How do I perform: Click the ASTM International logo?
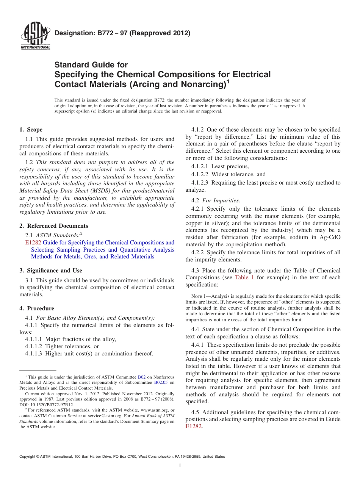point(35,37)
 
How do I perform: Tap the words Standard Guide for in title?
point(91,65)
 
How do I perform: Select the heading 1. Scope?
point(31,130)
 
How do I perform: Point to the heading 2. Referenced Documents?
point(54,226)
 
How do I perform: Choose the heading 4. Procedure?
point(37,308)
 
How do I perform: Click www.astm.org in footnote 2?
point(155,410)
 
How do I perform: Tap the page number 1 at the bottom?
point(180,466)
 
